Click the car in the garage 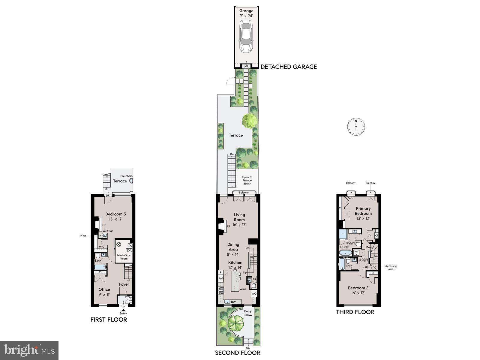[x=246, y=37]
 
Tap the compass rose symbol [x=356, y=126]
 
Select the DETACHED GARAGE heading [x=289, y=67]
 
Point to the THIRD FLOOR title [x=355, y=312]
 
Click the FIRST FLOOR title [x=109, y=319]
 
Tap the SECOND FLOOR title [x=238, y=353]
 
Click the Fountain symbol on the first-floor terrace [x=131, y=181]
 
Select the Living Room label [x=239, y=217]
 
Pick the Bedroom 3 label [x=115, y=214]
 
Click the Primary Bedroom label [x=363, y=211]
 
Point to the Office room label [x=104, y=289]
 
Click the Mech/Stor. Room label [x=124, y=257]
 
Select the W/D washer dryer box [x=356, y=252]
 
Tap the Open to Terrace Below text [x=247, y=180]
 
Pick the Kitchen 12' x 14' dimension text [x=235, y=268]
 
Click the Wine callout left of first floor [x=83, y=235]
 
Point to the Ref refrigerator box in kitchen [x=220, y=279]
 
